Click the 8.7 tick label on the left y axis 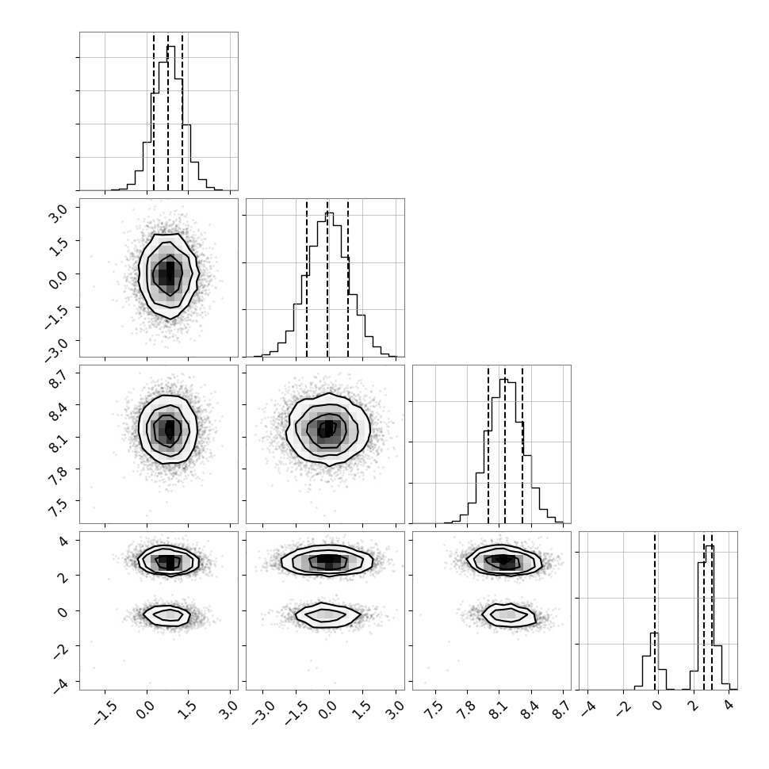click(57, 379)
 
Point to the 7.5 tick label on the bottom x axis click(434, 710)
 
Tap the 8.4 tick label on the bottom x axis click(530, 710)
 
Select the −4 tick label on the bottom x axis click(587, 710)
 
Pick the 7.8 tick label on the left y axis click(57, 475)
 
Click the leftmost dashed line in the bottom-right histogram click(655, 611)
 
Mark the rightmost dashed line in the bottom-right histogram click(712, 611)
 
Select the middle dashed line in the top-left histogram click(168, 112)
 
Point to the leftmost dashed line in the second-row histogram click(307, 278)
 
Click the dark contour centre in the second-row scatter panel click(168, 274)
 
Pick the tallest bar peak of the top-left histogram click(171, 47)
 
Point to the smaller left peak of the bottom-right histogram click(655, 633)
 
